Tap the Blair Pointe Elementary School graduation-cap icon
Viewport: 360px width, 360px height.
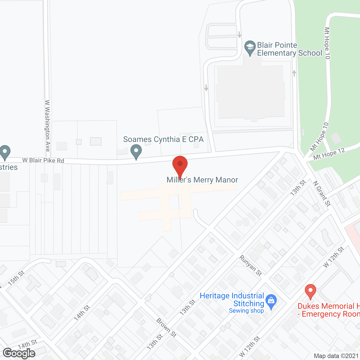click(249, 48)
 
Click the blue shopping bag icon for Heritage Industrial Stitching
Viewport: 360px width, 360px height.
click(271, 301)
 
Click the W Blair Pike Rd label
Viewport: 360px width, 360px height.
click(43, 160)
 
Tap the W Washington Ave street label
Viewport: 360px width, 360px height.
click(48, 126)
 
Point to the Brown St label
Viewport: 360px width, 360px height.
click(166, 327)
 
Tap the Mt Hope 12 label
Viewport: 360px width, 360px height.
click(329, 154)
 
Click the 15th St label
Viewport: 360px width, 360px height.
click(16, 278)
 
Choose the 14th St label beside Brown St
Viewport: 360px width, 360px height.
click(82, 313)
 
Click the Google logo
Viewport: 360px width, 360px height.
click(19, 353)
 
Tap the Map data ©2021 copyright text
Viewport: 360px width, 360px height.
click(336, 356)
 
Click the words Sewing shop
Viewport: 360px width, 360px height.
click(246, 311)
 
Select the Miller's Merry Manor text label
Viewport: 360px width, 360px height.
click(202, 180)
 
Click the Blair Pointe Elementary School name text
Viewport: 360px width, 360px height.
click(289, 49)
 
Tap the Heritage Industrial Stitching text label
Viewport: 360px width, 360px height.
click(232, 300)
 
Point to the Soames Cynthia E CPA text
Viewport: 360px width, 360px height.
click(163, 139)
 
